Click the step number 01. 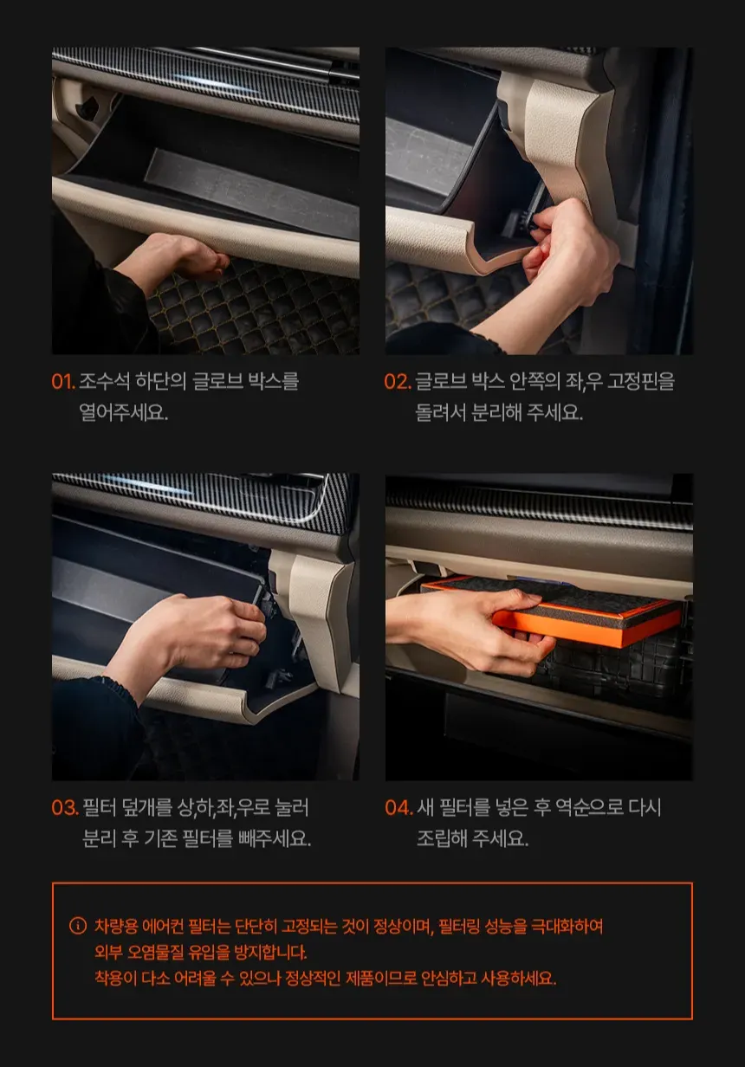[x=63, y=382]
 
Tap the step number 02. [x=398, y=382]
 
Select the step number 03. [x=65, y=807]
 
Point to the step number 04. [x=398, y=807]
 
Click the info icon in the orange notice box [x=78, y=926]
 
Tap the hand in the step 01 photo [x=172, y=260]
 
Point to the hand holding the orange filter [x=471, y=629]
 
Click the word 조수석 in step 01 [x=104, y=382]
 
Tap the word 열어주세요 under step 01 [x=123, y=412]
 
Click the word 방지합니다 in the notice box [x=270, y=952]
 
